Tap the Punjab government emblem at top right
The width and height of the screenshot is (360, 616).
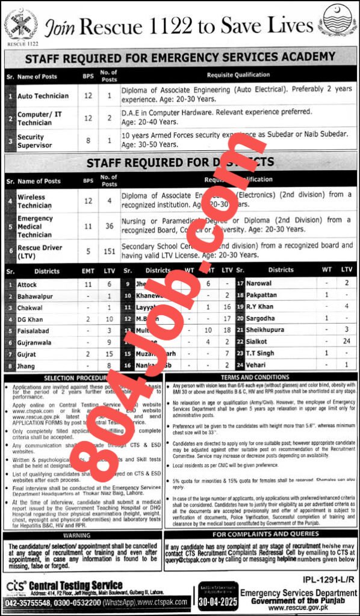340,22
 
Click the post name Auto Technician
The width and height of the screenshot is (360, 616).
43,96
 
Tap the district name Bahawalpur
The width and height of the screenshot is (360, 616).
36,296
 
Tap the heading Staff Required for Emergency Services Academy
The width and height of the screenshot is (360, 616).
180,57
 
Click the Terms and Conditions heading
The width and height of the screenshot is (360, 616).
265,377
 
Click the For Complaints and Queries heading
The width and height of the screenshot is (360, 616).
265,533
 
